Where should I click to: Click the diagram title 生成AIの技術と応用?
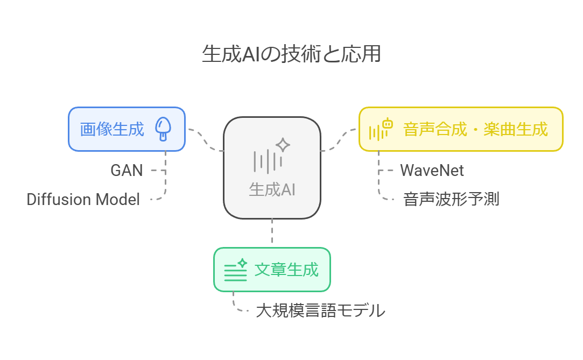coord(291,55)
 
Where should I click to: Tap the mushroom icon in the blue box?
coord(163,130)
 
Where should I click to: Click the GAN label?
coord(127,171)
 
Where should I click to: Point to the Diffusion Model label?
coord(83,200)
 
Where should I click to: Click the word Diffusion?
coord(59,200)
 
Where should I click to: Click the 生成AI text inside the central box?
coord(272,189)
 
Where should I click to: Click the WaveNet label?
coord(432,171)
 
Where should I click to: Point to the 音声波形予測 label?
coord(451,200)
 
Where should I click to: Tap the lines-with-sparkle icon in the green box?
coord(235,270)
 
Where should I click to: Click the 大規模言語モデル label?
coord(320,310)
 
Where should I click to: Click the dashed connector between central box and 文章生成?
coord(272,233)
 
